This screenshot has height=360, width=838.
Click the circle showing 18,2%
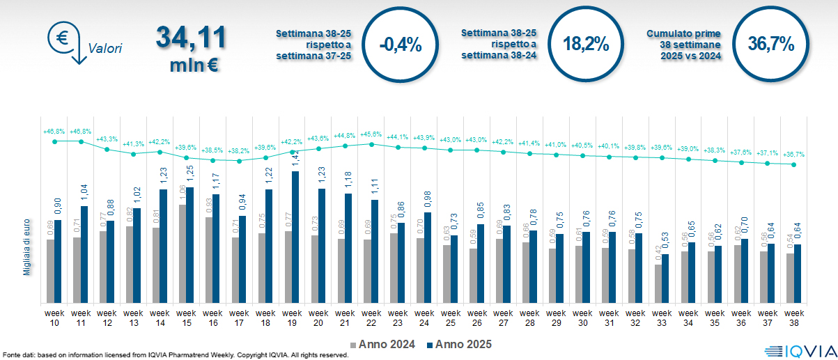[586, 45]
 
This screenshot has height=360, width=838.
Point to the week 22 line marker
[371, 144]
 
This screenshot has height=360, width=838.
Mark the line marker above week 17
[239, 161]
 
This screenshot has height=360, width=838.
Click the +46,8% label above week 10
[54, 131]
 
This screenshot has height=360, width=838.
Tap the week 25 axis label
[451, 318]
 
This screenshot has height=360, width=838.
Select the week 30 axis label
[583, 318]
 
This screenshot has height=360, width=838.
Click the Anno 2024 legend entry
[383, 344]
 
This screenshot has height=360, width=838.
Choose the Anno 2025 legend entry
[460, 344]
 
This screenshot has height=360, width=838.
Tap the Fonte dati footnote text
[174, 355]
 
